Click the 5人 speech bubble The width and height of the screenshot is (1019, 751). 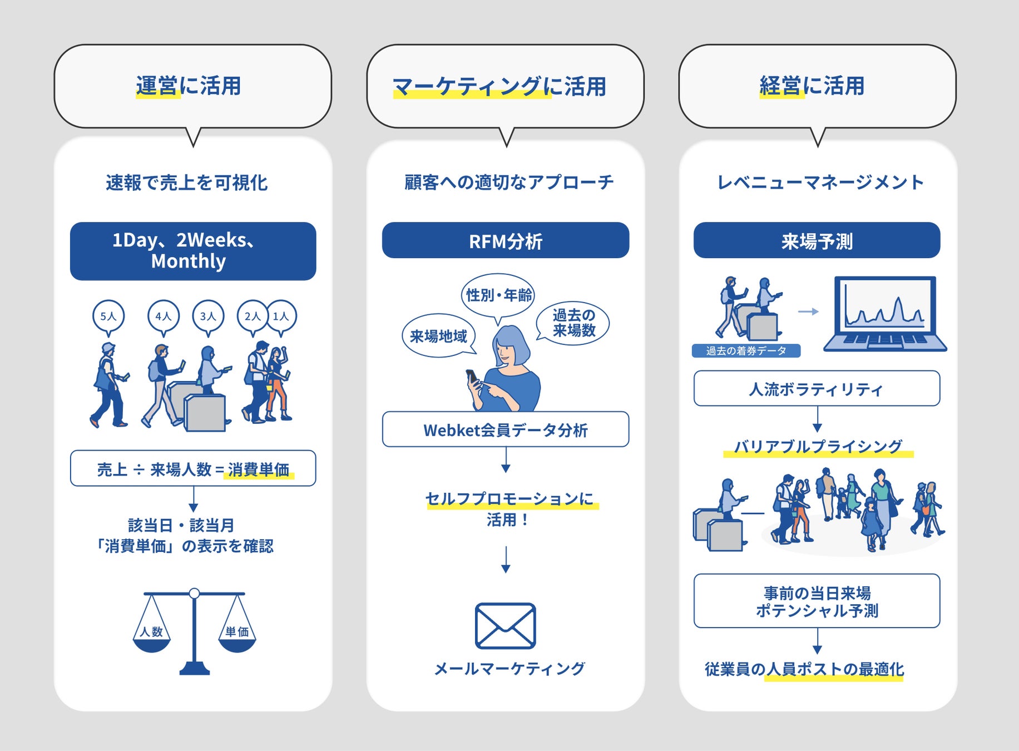point(108,316)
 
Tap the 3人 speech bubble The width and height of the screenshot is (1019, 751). point(208,316)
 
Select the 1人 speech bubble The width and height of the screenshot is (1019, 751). point(281,316)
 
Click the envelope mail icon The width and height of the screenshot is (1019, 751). point(505,626)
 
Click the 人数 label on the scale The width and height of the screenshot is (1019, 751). point(151,632)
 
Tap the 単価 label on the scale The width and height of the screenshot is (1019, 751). point(237,632)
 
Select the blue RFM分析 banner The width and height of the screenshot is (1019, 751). point(506,241)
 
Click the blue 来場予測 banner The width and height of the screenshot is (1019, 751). point(817,241)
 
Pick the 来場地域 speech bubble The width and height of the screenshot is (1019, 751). point(438,336)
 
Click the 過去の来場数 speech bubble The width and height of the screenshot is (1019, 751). point(573,323)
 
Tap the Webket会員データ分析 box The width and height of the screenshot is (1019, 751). point(506,429)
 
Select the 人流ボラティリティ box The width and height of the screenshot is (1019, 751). point(817,389)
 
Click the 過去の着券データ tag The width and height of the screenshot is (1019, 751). point(746,350)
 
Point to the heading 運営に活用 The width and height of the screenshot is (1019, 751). point(189,86)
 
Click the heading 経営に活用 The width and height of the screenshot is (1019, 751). point(812,86)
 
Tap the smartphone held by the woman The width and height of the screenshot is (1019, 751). point(472,377)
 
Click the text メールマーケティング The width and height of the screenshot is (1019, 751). point(509,669)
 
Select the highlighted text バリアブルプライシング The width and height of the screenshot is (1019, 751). point(818,447)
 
